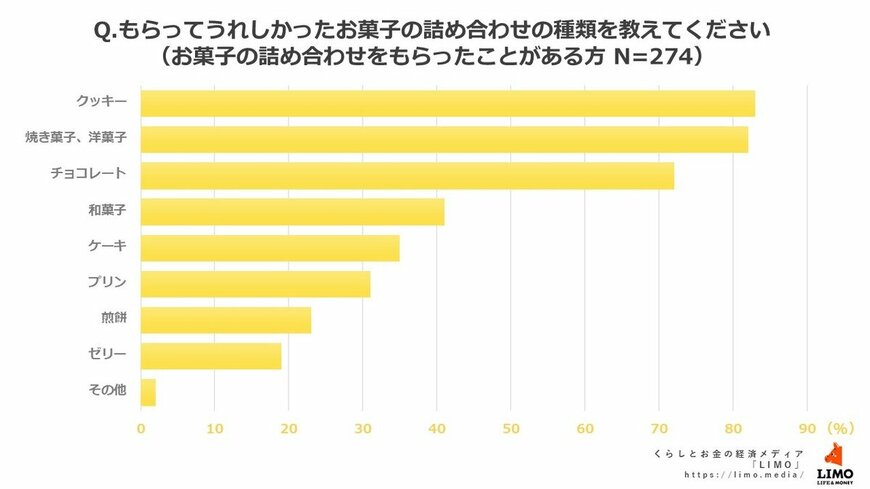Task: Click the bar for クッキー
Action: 447,103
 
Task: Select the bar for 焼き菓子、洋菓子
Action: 444,139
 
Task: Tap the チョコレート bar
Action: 407,175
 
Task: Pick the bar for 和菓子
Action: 292,211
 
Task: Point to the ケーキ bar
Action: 270,247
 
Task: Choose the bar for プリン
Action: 255,284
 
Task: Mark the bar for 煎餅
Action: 226,320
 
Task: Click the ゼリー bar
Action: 211,356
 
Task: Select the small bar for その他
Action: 148,392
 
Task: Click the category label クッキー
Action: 101,102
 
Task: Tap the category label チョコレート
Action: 88,174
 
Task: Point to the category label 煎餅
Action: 112,319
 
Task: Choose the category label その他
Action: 107,391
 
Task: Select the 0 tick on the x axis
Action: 141,429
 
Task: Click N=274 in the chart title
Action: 640,58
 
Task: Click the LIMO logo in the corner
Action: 834,463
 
